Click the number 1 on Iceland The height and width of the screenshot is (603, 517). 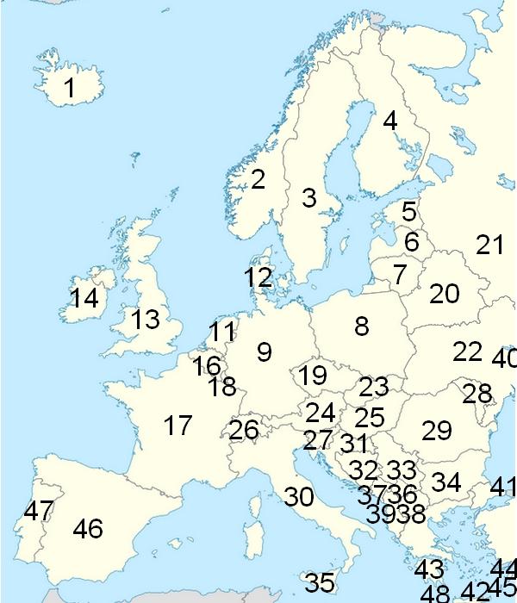70,88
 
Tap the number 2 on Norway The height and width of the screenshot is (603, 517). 258,179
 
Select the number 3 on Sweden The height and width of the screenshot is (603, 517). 309,198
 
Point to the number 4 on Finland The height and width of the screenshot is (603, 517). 390,121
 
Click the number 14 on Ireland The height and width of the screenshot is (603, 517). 84,299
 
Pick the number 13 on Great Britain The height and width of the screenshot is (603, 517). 146,320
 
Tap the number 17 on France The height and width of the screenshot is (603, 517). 178,426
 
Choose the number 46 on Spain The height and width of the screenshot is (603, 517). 88,528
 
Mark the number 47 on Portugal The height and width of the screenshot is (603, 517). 39,511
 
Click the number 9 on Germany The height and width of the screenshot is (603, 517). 265,351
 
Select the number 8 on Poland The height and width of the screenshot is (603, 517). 362,326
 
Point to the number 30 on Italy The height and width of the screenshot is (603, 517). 299,497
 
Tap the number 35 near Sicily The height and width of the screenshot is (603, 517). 320,583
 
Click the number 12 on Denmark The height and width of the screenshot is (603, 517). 258,277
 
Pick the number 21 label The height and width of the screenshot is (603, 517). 489,245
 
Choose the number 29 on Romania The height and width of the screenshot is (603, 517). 437,429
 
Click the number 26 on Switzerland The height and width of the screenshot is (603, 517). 244,429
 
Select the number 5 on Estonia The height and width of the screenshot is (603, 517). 409,211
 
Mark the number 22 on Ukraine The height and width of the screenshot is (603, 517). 468,351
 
